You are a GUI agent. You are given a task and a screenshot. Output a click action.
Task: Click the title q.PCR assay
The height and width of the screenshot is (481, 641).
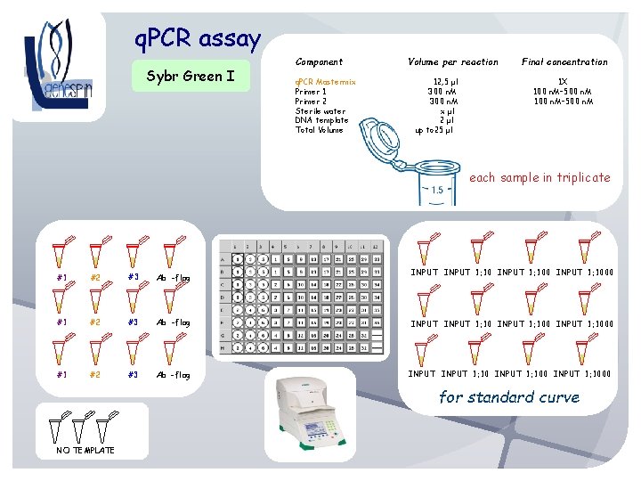point(197,39)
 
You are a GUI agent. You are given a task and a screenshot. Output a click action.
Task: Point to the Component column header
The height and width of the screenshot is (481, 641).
point(319,62)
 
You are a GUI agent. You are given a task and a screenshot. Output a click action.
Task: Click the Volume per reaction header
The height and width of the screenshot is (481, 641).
point(452,62)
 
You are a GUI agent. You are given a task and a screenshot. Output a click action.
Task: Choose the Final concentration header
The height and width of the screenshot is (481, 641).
point(564,62)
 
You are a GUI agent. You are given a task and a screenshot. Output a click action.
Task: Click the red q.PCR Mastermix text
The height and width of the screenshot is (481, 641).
point(325,82)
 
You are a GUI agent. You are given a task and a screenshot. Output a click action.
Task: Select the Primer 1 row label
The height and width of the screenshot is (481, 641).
point(311,92)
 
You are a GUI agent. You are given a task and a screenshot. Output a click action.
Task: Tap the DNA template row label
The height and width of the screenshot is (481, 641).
point(321,120)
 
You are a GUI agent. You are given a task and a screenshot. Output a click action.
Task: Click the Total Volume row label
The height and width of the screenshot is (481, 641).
point(319,130)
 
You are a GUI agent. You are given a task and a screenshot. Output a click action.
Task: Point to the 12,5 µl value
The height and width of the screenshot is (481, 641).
point(446,82)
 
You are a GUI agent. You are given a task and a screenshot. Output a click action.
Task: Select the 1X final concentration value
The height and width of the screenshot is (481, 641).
point(563,82)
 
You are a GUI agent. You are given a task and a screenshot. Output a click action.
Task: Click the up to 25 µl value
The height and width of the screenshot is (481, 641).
point(434,130)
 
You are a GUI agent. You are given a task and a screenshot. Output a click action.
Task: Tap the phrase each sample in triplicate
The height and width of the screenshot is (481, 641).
point(540,177)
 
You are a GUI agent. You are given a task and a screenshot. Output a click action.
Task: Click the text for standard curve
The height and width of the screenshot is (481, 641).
point(509,397)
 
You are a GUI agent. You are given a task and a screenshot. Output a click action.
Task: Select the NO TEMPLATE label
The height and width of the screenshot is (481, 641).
point(79,450)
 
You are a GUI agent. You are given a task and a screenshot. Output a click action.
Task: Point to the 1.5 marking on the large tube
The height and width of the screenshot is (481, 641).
point(437,191)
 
